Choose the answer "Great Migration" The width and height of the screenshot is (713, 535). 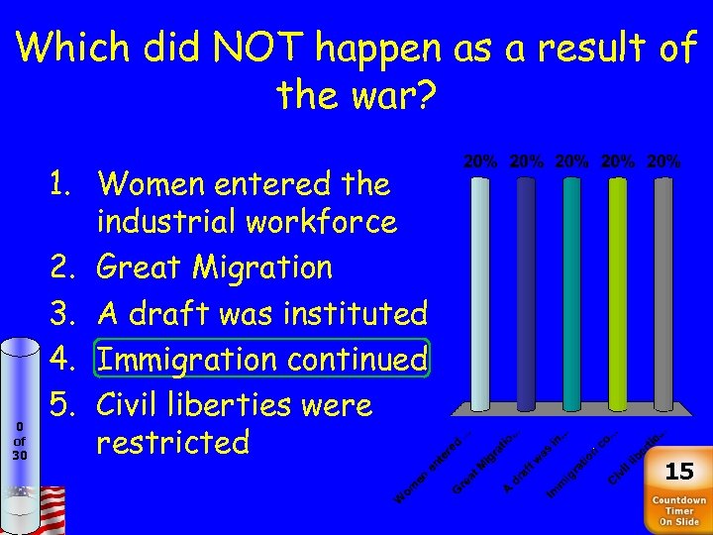(215, 267)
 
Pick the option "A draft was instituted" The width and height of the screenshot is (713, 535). (262, 313)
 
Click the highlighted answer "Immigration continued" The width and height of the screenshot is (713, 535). (262, 359)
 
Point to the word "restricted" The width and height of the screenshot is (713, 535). (172, 442)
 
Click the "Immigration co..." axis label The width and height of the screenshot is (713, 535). (582, 462)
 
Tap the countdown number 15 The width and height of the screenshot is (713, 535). (679, 470)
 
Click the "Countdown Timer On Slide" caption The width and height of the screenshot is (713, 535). (679, 511)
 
